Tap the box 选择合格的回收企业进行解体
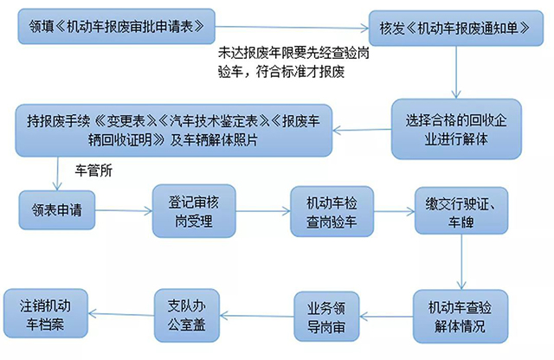(x=452, y=129)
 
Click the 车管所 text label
(x=94, y=170)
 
